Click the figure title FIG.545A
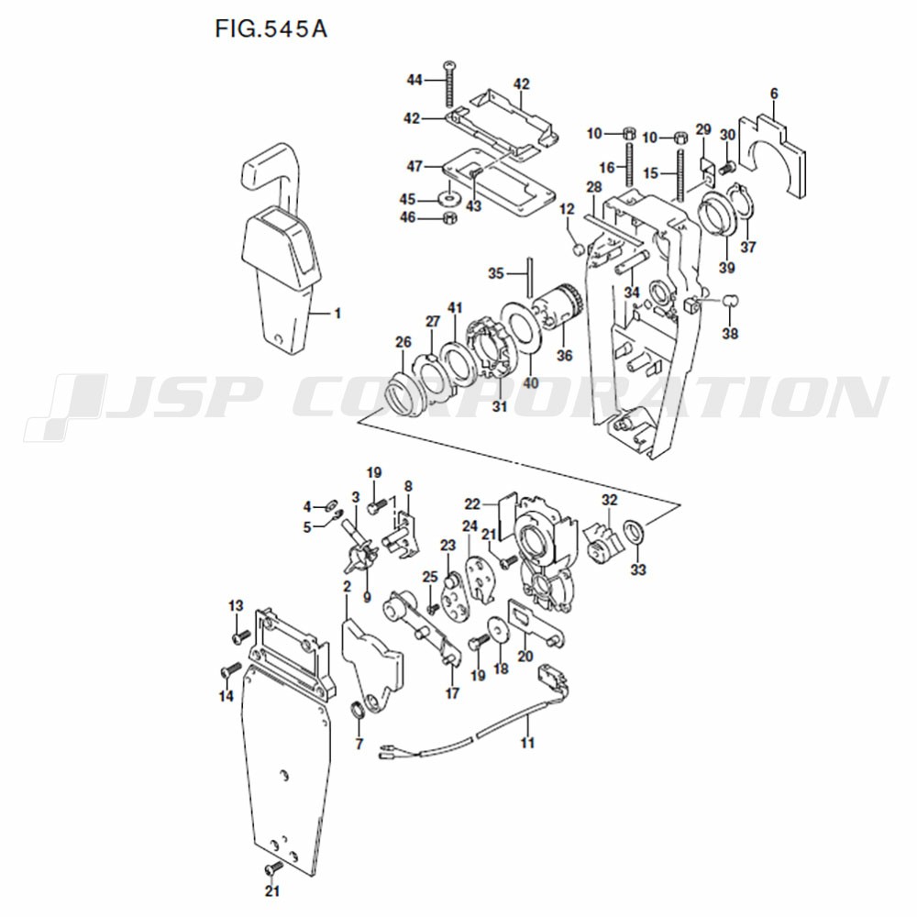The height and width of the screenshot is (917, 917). point(271,28)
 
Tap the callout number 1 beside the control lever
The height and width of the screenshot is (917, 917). point(337,314)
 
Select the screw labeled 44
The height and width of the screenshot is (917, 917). point(449,83)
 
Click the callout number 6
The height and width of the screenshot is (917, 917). point(774,94)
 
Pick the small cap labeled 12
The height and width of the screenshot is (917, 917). point(578,249)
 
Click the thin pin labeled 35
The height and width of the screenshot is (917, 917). point(530,277)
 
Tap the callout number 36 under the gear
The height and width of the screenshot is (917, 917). point(564,355)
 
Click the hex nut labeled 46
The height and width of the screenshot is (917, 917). point(449,218)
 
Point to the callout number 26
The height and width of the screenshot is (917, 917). point(403,341)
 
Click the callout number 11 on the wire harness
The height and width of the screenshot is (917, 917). point(527,743)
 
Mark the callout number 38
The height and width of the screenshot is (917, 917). point(730,334)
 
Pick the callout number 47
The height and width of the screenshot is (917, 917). point(414,167)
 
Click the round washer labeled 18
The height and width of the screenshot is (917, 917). point(498,631)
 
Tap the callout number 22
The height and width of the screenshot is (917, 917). point(472,503)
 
